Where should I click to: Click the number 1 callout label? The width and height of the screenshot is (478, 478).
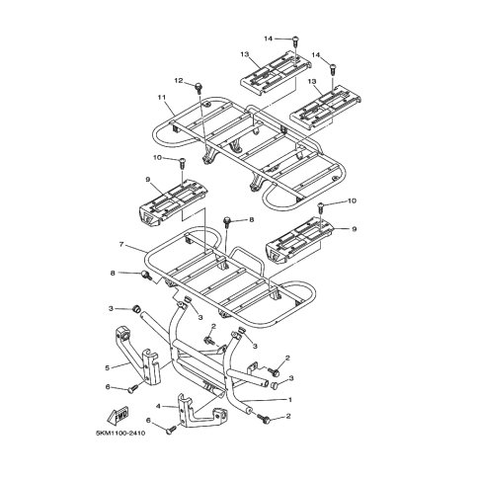(x=290, y=400)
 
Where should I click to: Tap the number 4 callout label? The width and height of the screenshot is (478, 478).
(x=158, y=407)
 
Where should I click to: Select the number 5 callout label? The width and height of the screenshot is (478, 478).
(x=107, y=368)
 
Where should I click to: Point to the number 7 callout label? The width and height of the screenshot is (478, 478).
(x=121, y=245)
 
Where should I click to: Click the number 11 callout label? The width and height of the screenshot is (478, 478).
(x=162, y=97)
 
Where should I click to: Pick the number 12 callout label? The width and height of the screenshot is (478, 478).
(x=179, y=80)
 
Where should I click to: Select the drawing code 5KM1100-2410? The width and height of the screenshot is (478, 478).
(x=120, y=434)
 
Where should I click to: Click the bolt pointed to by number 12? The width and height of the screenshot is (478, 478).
(x=199, y=88)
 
